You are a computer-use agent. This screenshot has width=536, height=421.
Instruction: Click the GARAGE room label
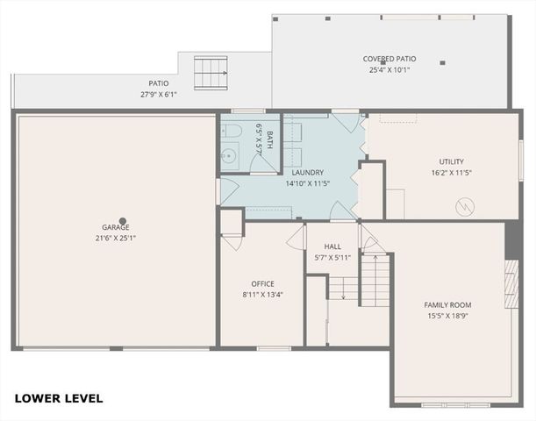point(115,227)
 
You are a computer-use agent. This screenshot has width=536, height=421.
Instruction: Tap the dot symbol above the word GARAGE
point(123,221)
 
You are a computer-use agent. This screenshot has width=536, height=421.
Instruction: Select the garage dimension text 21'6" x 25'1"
point(115,238)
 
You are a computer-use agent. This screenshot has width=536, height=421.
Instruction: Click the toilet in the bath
point(232,132)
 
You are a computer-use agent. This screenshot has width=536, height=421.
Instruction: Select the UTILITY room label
point(451,161)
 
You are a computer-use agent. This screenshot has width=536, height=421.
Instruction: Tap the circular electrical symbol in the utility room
point(462,207)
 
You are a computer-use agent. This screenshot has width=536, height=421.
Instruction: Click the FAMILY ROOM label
point(447,304)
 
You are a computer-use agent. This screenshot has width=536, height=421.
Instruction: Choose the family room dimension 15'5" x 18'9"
point(447,315)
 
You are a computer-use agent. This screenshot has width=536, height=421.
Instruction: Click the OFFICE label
point(262,283)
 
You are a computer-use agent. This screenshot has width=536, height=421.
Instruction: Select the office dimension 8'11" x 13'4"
point(262,294)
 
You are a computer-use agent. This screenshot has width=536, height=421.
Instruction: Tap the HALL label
point(332,246)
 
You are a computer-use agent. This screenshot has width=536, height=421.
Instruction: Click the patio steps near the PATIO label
point(210,69)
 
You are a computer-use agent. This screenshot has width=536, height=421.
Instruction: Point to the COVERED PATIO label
point(389,59)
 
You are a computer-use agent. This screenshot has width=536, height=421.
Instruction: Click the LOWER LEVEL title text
point(59,398)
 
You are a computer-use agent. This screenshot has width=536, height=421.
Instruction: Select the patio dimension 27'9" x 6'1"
point(158,94)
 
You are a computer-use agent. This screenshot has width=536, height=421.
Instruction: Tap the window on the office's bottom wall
point(274,348)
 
